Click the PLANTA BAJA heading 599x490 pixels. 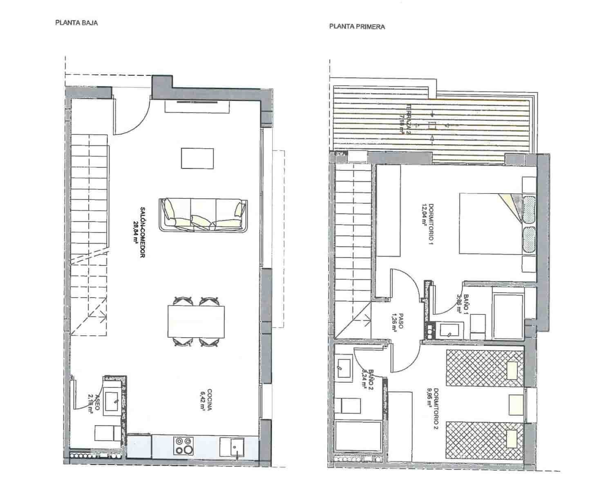click(x=76, y=23)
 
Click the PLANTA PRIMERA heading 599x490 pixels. click(x=357, y=27)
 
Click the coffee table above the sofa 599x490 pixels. click(x=197, y=158)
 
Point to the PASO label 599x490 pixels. click(x=399, y=323)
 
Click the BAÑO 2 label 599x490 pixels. click(x=368, y=380)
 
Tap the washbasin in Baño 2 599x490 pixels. click(x=344, y=368)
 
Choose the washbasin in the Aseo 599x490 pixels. click(x=111, y=401)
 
